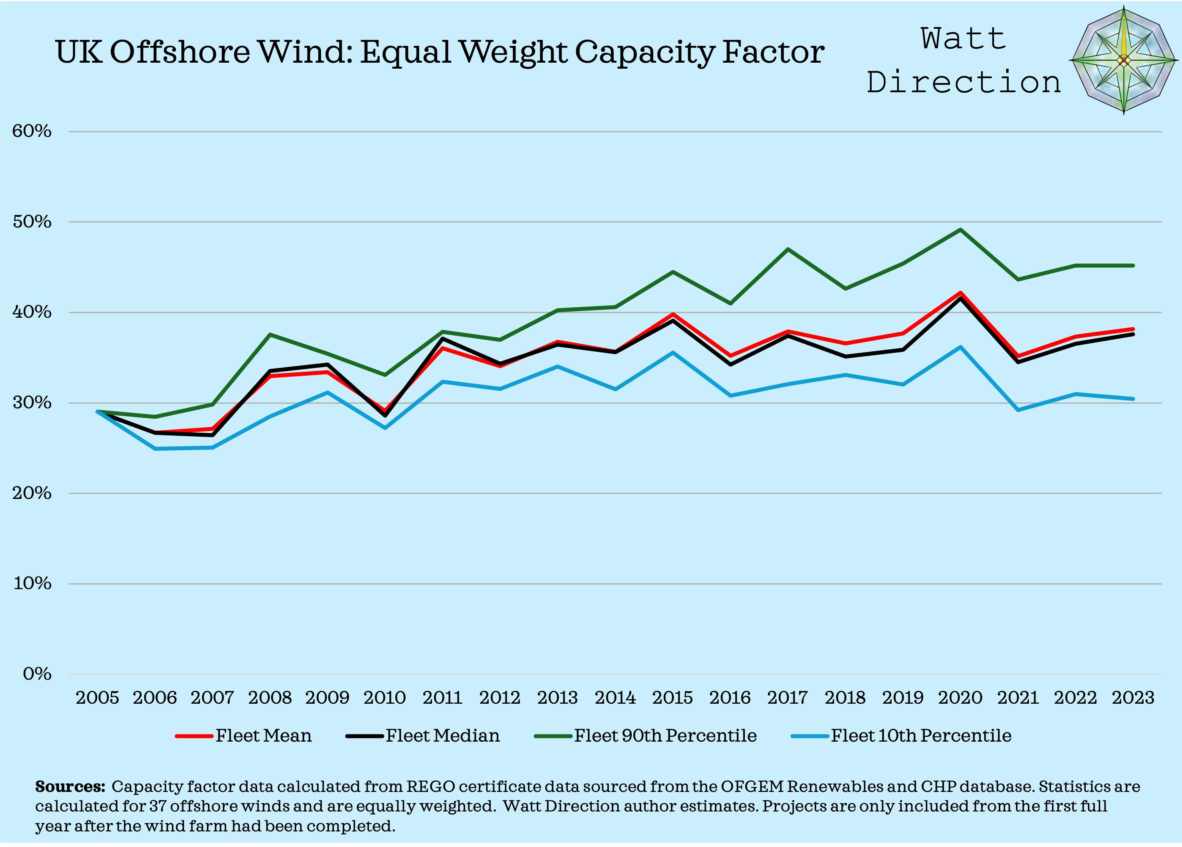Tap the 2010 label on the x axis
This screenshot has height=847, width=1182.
(385, 697)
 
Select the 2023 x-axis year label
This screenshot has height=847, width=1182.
(1133, 697)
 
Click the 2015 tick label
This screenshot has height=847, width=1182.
(672, 697)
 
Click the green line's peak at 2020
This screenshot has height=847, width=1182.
(960, 230)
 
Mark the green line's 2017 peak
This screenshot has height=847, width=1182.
(787, 249)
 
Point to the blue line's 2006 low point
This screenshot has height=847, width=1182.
(155, 449)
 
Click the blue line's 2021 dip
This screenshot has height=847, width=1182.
(1018, 410)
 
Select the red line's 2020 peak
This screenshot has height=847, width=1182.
(960, 293)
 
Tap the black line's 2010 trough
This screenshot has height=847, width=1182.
(385, 416)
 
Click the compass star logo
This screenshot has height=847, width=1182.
(1124, 60)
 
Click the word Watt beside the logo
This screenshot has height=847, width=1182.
(963, 39)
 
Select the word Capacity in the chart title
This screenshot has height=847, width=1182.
(644, 52)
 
